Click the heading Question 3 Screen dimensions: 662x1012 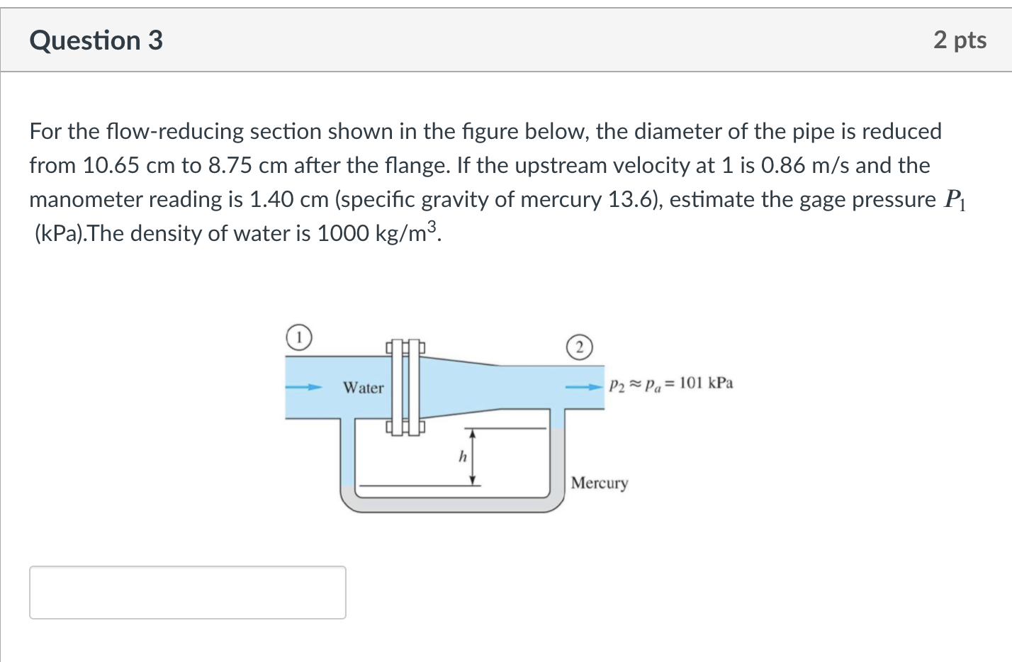coord(96,40)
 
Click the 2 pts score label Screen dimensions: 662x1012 coord(960,40)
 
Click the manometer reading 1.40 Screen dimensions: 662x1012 coord(271,199)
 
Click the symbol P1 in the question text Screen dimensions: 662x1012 coord(955,200)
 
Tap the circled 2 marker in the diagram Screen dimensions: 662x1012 coord(579,347)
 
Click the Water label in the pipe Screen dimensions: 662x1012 coord(363,388)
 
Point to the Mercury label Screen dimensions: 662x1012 coord(600,483)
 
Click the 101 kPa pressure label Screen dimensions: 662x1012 coord(706,383)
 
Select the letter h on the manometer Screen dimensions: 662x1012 coord(463,456)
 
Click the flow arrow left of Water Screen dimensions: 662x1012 coord(303,388)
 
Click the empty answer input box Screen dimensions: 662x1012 coord(188,593)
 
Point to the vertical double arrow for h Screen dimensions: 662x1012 coord(472,457)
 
